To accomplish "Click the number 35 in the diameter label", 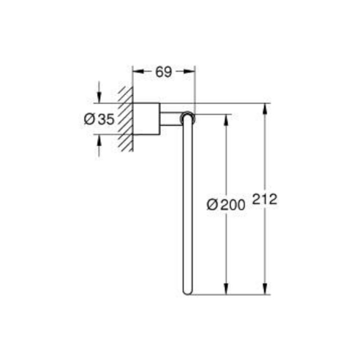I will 106,119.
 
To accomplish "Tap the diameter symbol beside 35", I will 90,119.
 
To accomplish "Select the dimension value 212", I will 265,199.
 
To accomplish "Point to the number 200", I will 233,205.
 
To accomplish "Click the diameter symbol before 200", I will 213,205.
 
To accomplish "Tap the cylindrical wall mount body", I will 147,119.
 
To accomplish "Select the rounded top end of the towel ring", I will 188,117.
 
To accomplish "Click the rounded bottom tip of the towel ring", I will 188,292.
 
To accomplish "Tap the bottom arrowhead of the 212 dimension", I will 265,289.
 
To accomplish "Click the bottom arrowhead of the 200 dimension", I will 226,289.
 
